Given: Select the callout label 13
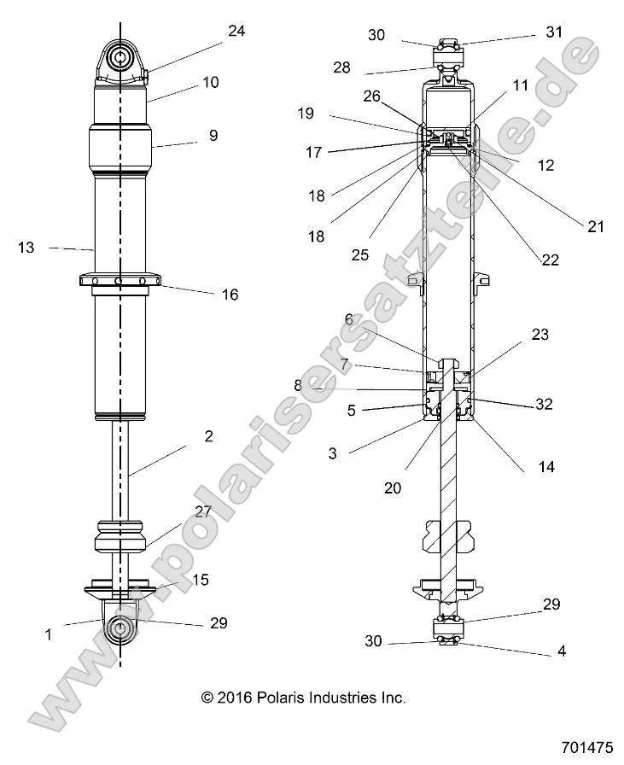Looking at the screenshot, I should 26,248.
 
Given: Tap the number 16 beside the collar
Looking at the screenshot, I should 230,295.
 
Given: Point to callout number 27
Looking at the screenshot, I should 202,512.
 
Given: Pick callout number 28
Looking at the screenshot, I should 342,67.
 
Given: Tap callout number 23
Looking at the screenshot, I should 539,336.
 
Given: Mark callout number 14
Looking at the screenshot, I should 545,466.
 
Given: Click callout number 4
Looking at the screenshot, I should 561,651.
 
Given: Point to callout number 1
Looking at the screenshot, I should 49,634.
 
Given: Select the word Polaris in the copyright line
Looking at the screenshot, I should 290,698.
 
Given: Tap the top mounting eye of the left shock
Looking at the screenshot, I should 120,58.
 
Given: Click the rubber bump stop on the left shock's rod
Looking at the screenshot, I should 120,536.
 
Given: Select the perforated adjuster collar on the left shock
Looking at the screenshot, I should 120,280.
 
